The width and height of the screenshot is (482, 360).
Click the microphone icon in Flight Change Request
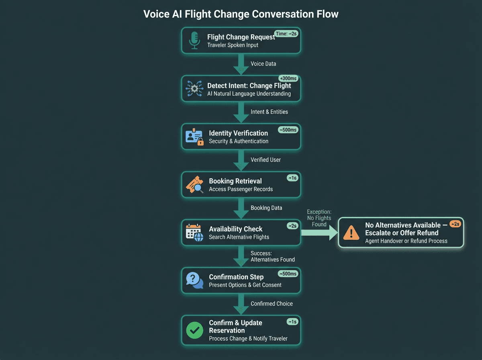195,40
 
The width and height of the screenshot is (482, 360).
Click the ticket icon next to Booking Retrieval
194,184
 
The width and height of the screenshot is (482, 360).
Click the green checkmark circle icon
195,330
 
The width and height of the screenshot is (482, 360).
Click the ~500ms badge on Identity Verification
288,130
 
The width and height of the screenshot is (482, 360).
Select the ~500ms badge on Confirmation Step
288,274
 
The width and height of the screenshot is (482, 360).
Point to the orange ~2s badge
455,224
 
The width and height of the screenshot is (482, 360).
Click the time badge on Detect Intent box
288,79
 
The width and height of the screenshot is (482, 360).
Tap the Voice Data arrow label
263,63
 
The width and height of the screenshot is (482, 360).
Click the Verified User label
266,160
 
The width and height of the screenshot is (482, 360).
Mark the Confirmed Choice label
272,303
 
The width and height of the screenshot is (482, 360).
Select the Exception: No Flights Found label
319,218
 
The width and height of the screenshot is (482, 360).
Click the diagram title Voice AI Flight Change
241,14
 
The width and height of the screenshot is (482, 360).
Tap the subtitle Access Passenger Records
241,189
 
